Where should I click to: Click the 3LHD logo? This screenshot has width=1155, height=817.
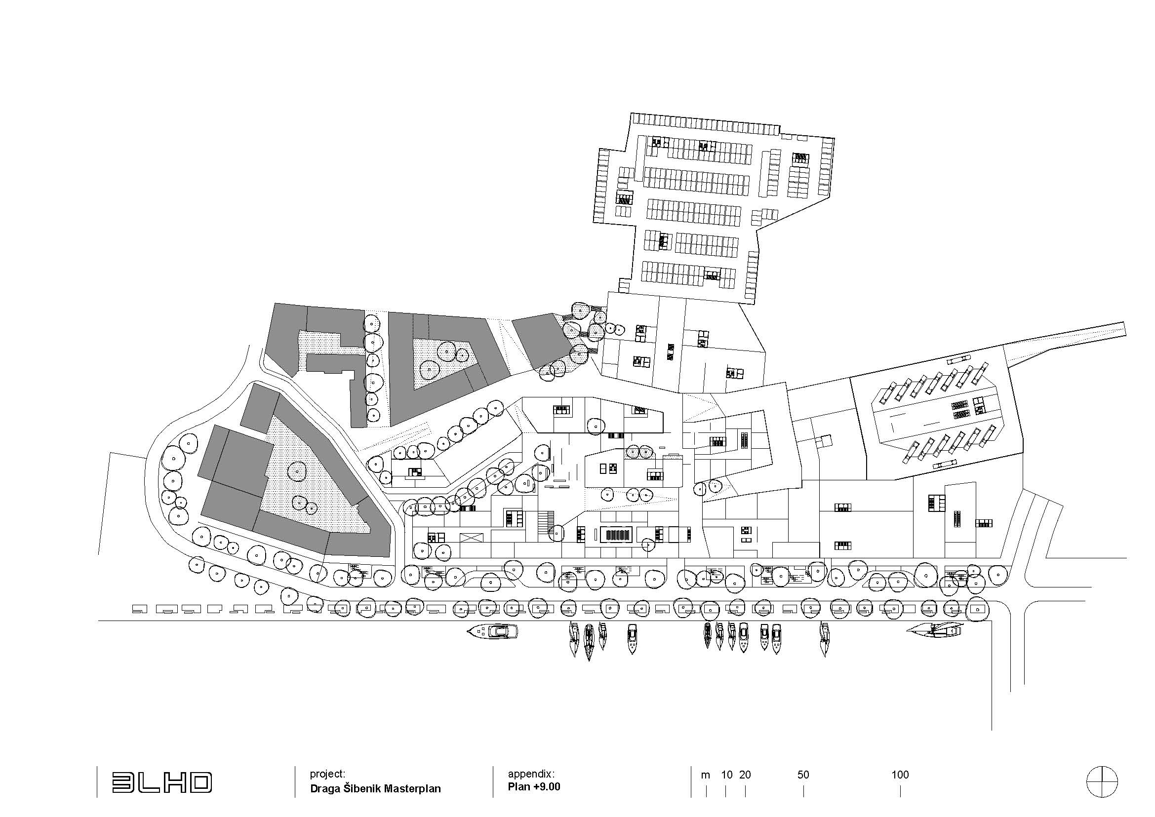pyautogui.click(x=161, y=783)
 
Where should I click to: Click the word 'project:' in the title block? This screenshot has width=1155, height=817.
pyautogui.click(x=327, y=774)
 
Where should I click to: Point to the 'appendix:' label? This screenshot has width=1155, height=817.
pyautogui.click(x=531, y=774)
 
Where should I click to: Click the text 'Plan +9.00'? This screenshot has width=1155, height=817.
pyautogui.click(x=533, y=787)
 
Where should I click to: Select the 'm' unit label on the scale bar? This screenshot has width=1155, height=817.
pyautogui.click(x=705, y=775)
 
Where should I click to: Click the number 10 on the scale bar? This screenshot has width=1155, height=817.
pyautogui.click(x=726, y=775)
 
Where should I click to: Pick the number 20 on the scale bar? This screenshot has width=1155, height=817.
pyautogui.click(x=745, y=775)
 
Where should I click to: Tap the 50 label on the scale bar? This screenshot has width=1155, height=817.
pyautogui.click(x=803, y=775)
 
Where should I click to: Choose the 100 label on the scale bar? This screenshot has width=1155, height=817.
pyautogui.click(x=900, y=775)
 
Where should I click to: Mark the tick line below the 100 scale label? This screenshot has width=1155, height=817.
pyautogui.click(x=900, y=792)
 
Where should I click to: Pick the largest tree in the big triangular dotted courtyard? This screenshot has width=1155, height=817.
pyautogui.click(x=297, y=471)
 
